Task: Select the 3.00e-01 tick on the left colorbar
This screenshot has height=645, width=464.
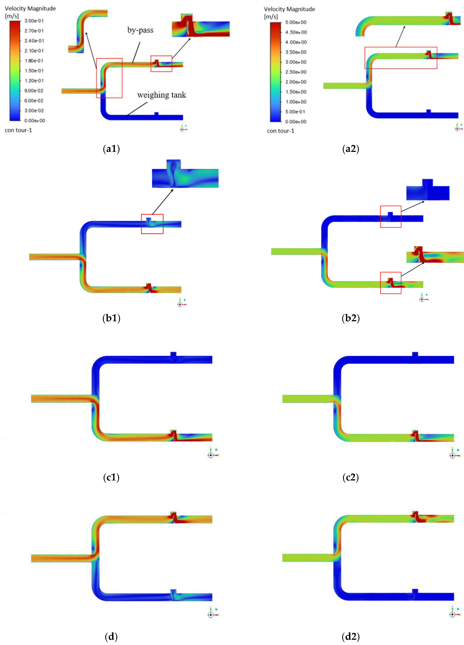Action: click(34, 21)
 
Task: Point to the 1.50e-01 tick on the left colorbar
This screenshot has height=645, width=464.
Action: click(34, 71)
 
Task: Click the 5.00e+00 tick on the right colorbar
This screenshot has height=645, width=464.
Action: click(296, 22)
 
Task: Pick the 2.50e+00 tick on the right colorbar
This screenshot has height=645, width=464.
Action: click(296, 72)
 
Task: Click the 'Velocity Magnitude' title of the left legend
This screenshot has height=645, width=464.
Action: click(30, 9)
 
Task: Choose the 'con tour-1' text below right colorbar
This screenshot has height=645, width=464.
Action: click(280, 131)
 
